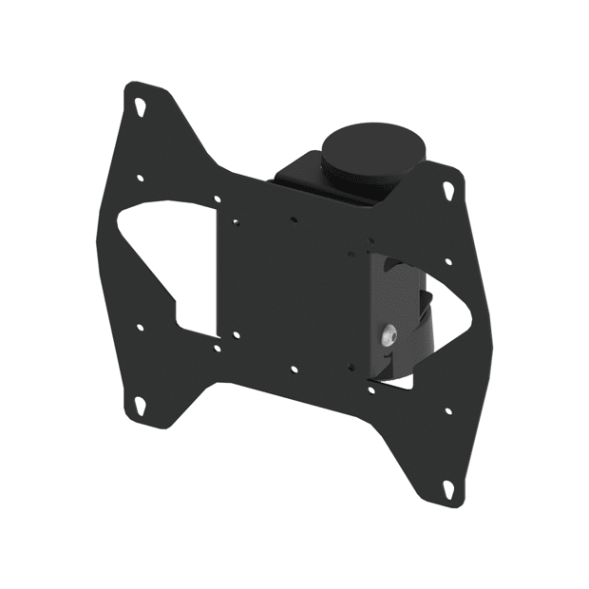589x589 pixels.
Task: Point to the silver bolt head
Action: coord(389,335)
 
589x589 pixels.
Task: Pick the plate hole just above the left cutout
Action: coord(218,199)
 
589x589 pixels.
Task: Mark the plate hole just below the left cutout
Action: coord(218,348)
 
